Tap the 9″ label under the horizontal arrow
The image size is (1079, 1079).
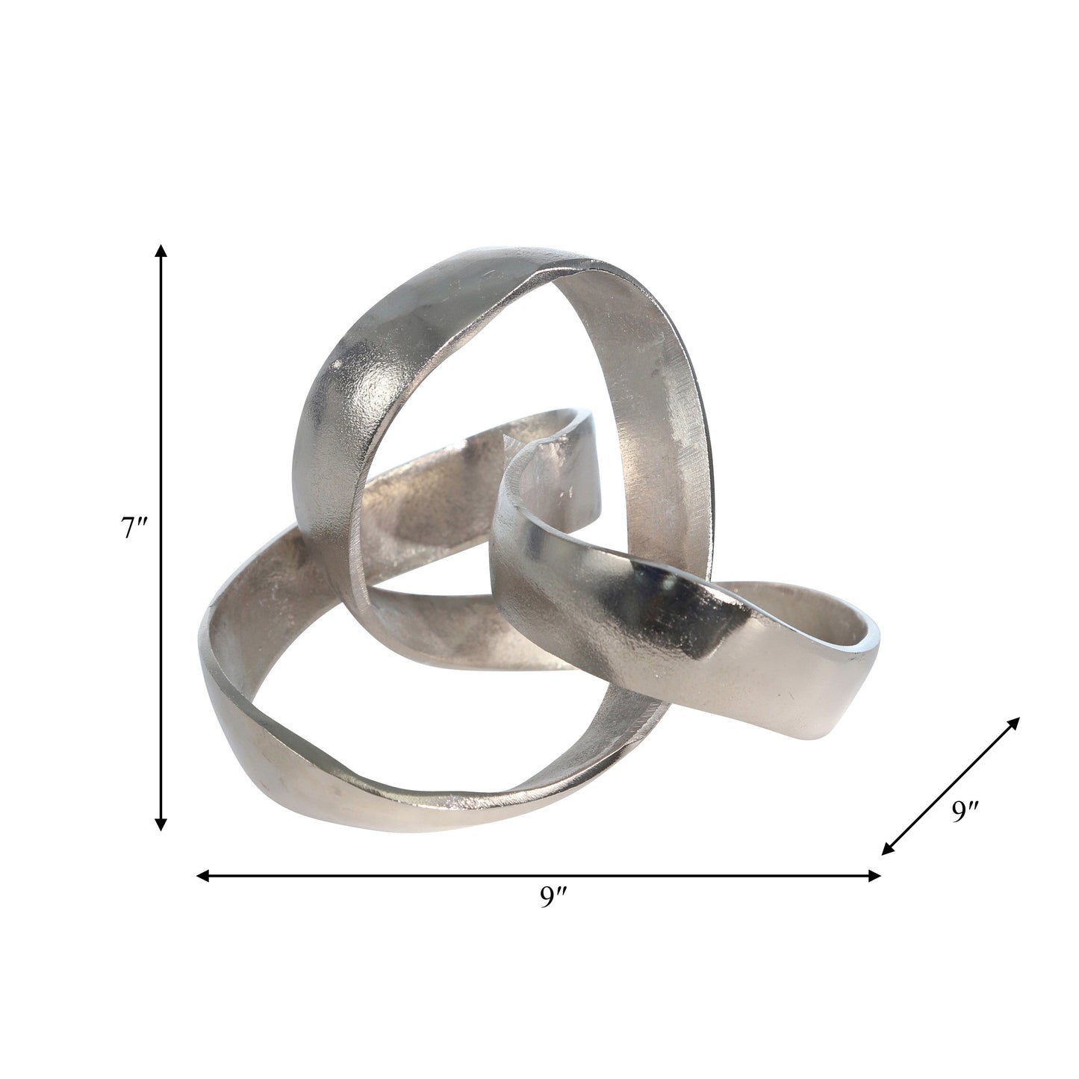point(554,895)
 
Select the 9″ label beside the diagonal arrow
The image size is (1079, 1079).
point(965,811)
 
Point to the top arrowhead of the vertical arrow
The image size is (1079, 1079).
point(161,250)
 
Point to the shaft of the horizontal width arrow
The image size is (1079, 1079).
point(538,876)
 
